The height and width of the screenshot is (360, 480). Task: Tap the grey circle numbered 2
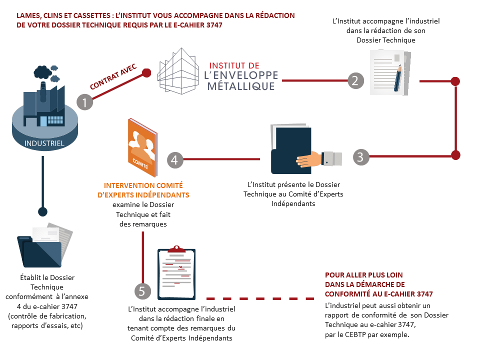(x=355, y=80)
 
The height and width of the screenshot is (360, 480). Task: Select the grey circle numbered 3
(x=361, y=156)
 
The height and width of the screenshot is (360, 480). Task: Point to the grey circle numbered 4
(x=174, y=159)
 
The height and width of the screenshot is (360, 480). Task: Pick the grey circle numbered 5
(x=142, y=291)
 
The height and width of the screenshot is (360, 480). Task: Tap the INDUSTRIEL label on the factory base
(x=44, y=143)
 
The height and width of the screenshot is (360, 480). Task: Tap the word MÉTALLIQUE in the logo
(x=242, y=86)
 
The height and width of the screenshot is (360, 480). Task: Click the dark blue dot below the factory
(x=43, y=211)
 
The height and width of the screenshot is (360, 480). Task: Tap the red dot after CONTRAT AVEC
(x=146, y=73)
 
